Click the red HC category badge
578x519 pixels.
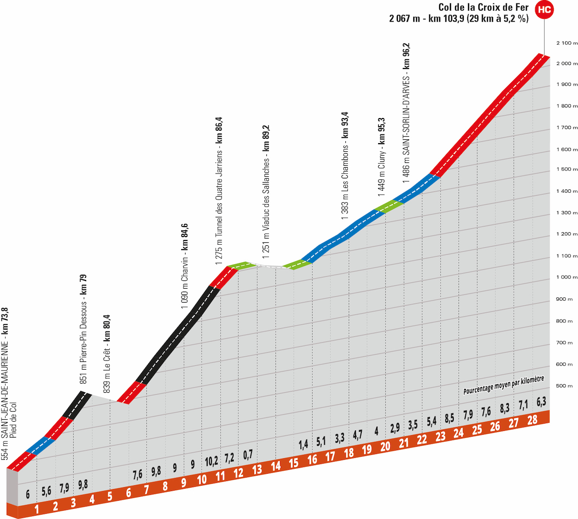[x=544, y=9]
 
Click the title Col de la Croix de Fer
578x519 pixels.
[x=483, y=7]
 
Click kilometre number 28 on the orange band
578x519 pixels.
[x=532, y=420]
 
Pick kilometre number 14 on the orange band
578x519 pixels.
[x=276, y=466]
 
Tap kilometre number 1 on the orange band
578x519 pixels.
[x=37, y=508]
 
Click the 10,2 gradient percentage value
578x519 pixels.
[x=211, y=461]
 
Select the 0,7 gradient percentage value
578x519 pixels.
[x=248, y=454]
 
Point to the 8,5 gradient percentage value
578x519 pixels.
[x=449, y=418]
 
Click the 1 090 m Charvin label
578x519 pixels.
[x=184, y=266]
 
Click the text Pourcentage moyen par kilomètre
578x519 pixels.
[x=503, y=385]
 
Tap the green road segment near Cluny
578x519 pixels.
[x=388, y=206]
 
